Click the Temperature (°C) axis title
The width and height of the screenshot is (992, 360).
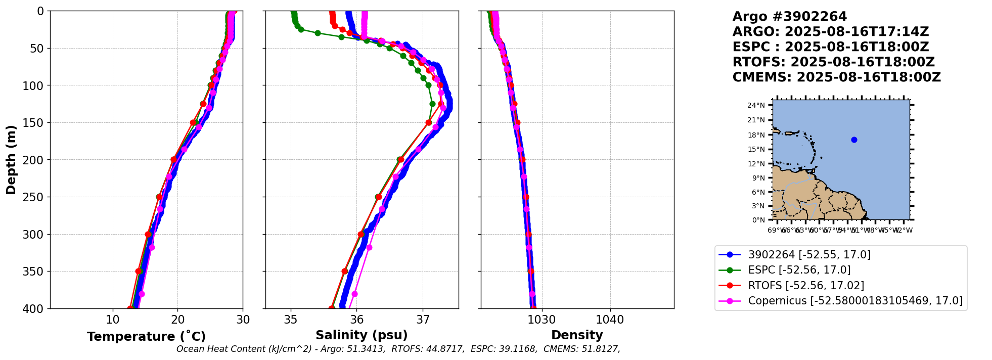point(146,337)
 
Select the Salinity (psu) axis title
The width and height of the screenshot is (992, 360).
point(362,335)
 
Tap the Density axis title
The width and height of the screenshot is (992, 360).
point(577,335)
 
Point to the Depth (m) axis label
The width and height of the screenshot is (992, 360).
point(11,159)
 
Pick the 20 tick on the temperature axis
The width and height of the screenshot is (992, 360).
point(177,320)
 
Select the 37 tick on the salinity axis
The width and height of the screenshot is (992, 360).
point(423,320)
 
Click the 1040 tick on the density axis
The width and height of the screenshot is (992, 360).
point(610,320)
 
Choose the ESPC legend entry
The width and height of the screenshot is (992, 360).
point(799,270)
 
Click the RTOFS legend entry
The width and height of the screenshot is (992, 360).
point(806,286)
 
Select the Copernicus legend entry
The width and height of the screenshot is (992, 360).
point(855,301)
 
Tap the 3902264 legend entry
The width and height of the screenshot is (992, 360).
point(809,255)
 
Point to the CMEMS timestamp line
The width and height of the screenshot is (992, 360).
point(836,77)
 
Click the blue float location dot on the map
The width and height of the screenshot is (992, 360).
point(854,140)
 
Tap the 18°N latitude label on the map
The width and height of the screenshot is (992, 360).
point(756,135)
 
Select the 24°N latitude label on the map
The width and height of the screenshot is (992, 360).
point(756,105)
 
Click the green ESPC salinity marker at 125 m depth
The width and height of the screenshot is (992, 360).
point(432,104)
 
